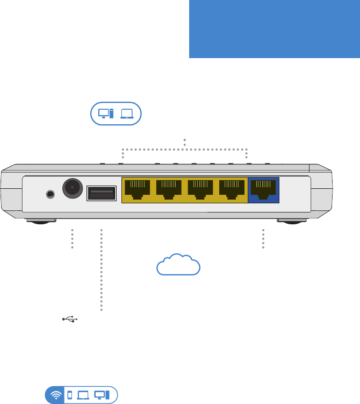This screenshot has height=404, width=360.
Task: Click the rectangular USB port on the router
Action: pyautogui.click(x=101, y=192)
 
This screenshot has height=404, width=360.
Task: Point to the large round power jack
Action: pyautogui.click(x=72, y=188)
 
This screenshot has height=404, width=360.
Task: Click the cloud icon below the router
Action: pyautogui.click(x=178, y=265)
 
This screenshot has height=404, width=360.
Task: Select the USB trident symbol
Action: pyautogui.click(x=70, y=320)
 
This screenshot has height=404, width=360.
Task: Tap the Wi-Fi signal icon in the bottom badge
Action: pyautogui.click(x=55, y=395)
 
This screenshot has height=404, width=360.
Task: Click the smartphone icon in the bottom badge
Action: pyautogui.click(x=69, y=395)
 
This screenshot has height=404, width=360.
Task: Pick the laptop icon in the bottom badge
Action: pyautogui.click(x=83, y=395)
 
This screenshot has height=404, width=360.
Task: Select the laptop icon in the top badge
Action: pyautogui.click(x=127, y=114)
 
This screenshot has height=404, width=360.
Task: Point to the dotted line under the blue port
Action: pyautogui.click(x=263, y=238)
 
